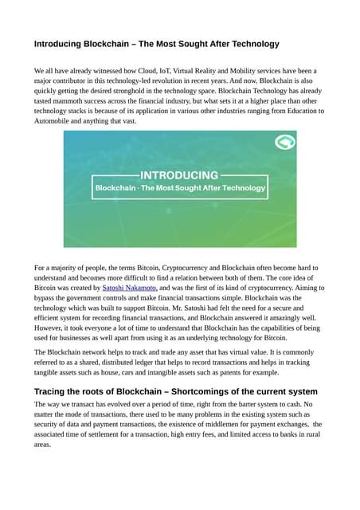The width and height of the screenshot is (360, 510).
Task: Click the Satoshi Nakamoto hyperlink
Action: coord(130,288)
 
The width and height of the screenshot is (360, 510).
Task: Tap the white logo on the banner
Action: coord(284,143)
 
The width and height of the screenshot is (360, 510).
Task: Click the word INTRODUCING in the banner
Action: coord(179,175)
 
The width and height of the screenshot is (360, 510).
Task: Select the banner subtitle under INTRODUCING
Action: coord(180,188)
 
